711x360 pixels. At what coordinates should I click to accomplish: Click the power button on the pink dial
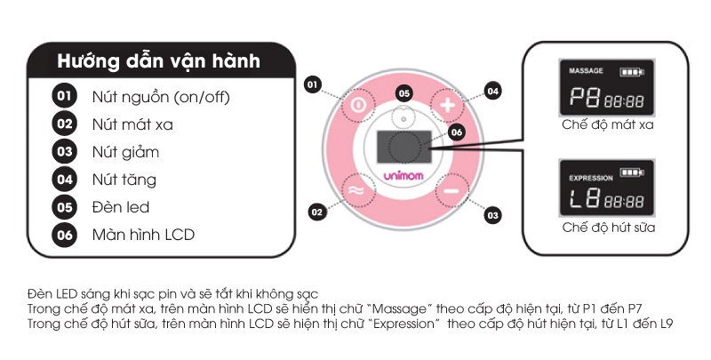coord(358,106)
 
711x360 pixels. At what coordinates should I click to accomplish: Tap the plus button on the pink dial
coord(448,105)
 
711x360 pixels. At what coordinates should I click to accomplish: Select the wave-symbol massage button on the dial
coord(357,190)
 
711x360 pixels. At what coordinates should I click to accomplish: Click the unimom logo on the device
coord(403,175)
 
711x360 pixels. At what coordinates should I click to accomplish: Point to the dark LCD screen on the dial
coord(403,147)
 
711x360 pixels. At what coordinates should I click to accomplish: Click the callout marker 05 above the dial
coord(404,94)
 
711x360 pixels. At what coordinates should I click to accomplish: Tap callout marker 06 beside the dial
coord(457,132)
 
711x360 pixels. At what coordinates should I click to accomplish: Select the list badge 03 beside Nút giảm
coord(64,151)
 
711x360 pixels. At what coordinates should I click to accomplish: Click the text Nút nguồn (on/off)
coord(161,97)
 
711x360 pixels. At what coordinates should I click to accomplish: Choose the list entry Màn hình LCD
coord(143,235)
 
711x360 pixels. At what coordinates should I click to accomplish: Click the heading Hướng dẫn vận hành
coord(159,61)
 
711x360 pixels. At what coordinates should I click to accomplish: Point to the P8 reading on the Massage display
coord(585,97)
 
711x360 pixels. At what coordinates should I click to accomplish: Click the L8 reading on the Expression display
coord(585,198)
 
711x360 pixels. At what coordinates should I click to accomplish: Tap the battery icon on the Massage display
coord(632,72)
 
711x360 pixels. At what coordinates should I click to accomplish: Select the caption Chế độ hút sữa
coord(609,227)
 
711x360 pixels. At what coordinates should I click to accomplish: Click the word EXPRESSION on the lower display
coord(591,178)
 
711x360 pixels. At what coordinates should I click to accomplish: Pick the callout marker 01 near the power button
coord(313,84)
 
